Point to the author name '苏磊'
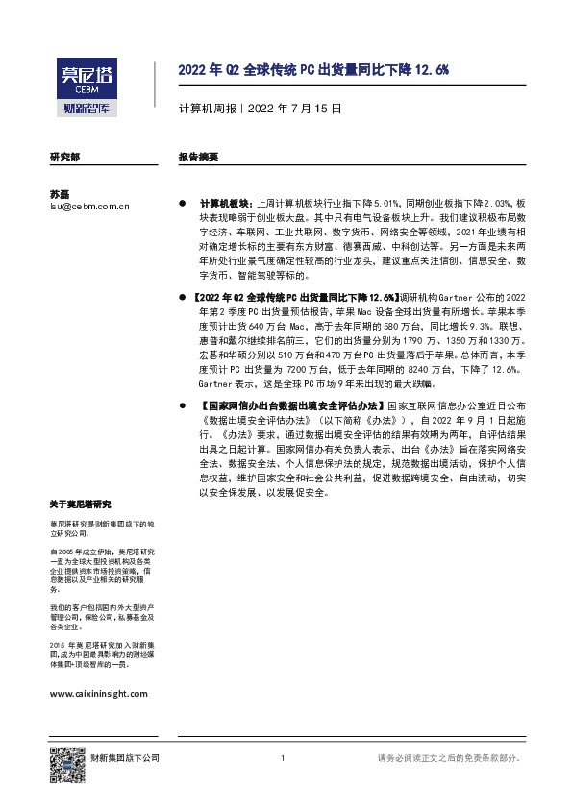(60, 193)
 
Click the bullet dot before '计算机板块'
(182, 206)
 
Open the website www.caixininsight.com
(98, 692)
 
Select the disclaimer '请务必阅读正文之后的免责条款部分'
(449, 759)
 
